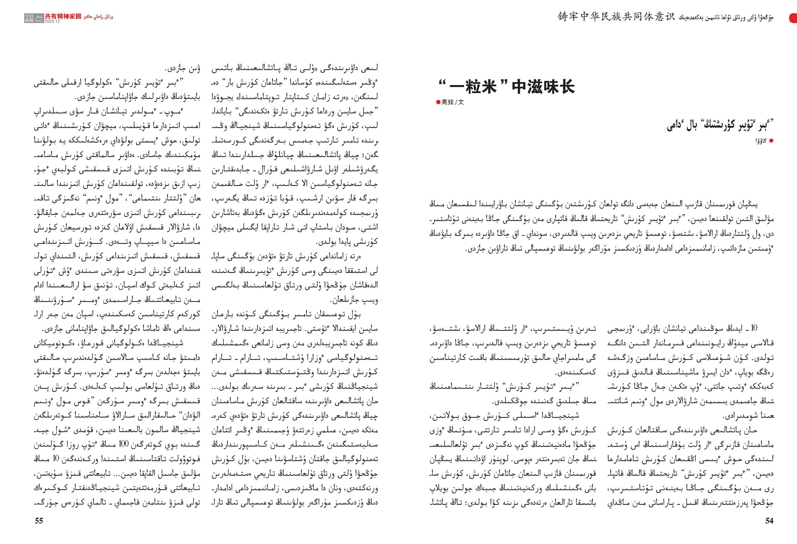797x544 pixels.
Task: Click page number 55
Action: click(x=39, y=521)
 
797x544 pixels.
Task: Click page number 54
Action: click(x=769, y=521)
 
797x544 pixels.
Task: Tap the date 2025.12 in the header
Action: click(x=52, y=21)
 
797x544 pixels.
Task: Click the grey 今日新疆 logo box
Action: click(x=34, y=18)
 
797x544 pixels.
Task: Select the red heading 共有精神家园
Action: click(x=63, y=16)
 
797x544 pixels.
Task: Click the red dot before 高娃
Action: click(x=438, y=102)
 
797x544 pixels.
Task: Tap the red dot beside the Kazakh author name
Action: click(x=771, y=141)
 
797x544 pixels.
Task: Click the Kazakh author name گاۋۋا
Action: click(x=760, y=141)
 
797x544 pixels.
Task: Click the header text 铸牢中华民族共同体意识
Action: click(x=616, y=17)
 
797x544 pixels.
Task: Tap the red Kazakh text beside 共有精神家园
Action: click(x=98, y=17)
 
